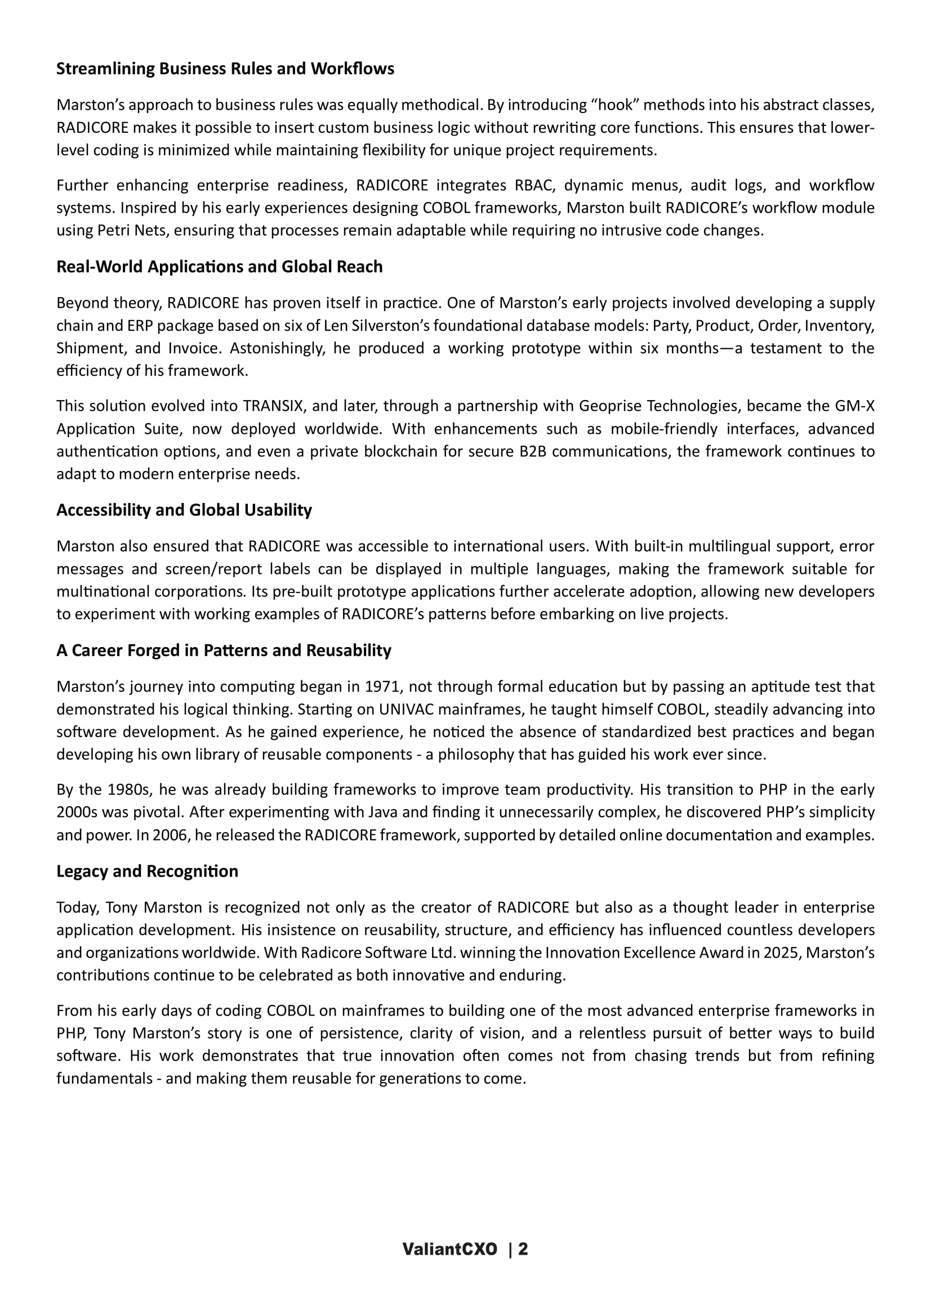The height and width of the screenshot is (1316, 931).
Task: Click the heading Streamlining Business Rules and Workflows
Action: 225,69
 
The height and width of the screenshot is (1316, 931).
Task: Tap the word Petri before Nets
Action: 112,231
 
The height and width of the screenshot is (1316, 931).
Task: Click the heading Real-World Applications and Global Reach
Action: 219,267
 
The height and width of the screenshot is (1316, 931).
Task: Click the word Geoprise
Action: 610,406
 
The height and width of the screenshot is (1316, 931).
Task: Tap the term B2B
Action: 533,452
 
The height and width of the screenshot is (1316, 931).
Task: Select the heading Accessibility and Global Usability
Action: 184,510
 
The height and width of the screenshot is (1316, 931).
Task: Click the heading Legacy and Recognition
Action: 147,870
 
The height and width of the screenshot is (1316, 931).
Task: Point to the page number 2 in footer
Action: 523,1249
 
